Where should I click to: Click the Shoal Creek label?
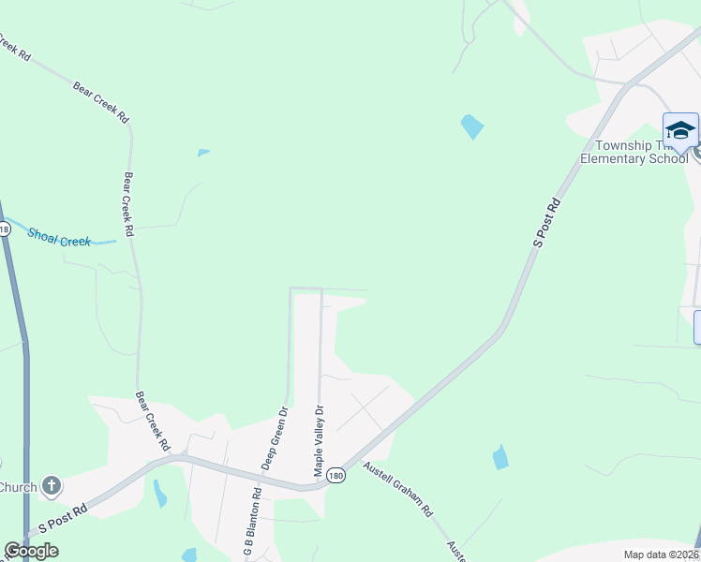pyautogui.click(x=59, y=238)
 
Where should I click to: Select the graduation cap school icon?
pyautogui.click(x=680, y=129)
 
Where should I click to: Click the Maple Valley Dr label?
pyautogui.click(x=319, y=440)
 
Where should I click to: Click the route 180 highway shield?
pyautogui.click(x=336, y=476)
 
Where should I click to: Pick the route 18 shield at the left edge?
pyautogui.click(x=4, y=228)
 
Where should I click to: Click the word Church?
pyautogui.click(x=18, y=486)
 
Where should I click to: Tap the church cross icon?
pyautogui.click(x=52, y=486)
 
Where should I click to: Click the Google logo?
pyautogui.click(x=31, y=551)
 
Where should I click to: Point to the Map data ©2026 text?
pyautogui.click(x=661, y=555)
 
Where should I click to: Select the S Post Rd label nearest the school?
pyautogui.click(x=546, y=222)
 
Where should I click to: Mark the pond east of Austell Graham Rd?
pyautogui.click(x=500, y=457)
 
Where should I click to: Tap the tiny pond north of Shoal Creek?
pyautogui.click(x=203, y=152)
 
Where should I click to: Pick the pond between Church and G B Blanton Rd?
pyautogui.click(x=159, y=493)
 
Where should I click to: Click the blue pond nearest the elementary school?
pyautogui.click(x=472, y=126)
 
